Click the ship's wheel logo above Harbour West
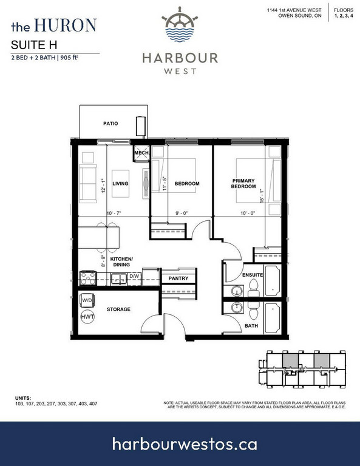click(x=180, y=24)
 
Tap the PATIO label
click(x=110, y=123)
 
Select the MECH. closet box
click(x=141, y=153)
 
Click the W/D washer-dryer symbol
click(x=87, y=300)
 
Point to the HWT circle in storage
click(x=87, y=317)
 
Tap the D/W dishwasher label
click(x=134, y=276)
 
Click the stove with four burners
click(x=88, y=278)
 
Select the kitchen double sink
click(x=119, y=279)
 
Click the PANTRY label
click(x=178, y=278)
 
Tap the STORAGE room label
click(x=118, y=309)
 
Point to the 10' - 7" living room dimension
click(x=114, y=213)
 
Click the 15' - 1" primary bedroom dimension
click(x=262, y=196)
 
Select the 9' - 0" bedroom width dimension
click(x=182, y=213)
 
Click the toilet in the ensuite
click(x=253, y=289)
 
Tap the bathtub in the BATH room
click(x=273, y=318)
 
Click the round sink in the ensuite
click(x=237, y=291)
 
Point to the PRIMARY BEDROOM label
click(x=243, y=183)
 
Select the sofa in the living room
click(x=87, y=183)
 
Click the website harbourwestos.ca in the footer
click(x=185, y=444)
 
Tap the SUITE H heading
click(x=34, y=45)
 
